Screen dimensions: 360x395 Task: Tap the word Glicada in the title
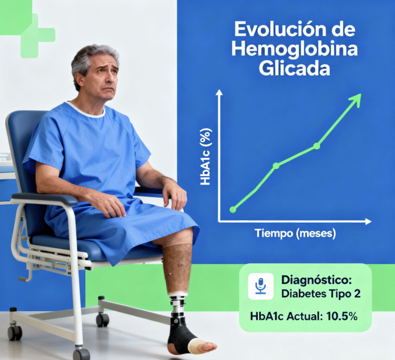[295, 68]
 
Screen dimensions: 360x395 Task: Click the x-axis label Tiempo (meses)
[295, 233]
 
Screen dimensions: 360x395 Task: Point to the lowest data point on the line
[232, 209]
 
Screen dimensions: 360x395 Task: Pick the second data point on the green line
[276, 166]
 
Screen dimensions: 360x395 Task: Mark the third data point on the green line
[316, 146]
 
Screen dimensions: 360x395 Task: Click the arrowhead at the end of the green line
[356, 98]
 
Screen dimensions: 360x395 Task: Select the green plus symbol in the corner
[36, 35]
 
